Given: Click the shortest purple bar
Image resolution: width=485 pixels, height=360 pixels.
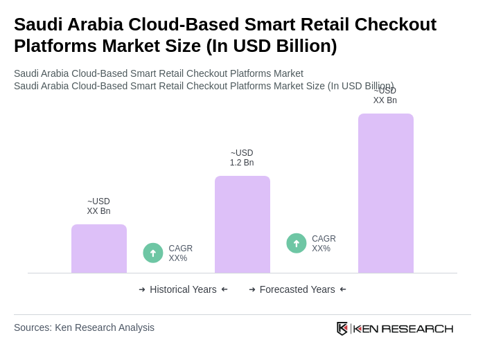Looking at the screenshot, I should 99,249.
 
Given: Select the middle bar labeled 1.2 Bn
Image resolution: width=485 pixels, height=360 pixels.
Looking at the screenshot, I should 242,224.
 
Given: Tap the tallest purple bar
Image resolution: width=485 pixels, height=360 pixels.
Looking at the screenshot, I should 386,193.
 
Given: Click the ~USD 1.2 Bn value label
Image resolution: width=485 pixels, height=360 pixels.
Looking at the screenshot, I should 242,158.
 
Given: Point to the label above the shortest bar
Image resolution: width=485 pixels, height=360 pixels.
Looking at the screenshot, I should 98,206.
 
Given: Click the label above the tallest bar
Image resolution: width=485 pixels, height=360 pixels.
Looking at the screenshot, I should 385,96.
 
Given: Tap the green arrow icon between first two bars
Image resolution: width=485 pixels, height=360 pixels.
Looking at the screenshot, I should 153,253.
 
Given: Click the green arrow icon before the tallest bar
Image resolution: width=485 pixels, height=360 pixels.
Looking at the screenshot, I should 297,244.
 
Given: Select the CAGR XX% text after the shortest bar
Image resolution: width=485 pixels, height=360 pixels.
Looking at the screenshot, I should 180,253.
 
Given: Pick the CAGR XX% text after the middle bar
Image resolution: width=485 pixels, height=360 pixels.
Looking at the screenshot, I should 324,244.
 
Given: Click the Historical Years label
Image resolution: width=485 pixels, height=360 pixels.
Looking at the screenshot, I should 183,289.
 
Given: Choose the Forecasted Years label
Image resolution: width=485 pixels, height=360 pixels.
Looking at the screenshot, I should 297,289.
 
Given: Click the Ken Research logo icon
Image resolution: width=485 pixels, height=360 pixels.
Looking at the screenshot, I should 342,328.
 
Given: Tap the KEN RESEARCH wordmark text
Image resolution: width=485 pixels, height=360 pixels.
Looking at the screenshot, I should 403,329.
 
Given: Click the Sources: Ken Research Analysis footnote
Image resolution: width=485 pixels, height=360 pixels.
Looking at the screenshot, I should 84,327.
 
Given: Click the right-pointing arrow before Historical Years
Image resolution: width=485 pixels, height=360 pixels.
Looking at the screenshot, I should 142,289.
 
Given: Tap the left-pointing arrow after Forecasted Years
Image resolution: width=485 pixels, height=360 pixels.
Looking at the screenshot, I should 343,289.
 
